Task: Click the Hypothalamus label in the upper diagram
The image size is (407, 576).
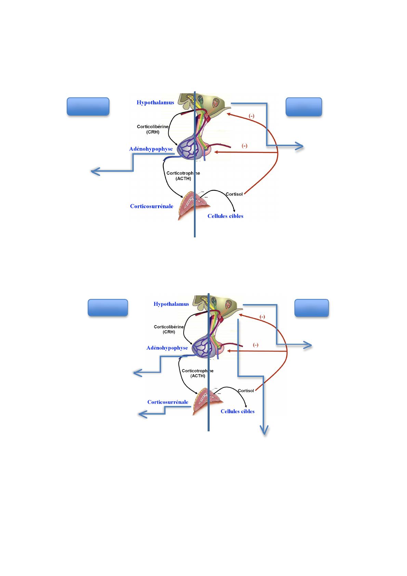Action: tap(155, 102)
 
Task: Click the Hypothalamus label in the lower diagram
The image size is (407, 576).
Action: tap(171, 304)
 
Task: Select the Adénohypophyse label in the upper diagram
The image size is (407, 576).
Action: tap(151, 149)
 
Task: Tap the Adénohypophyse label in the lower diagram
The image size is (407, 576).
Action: tap(167, 348)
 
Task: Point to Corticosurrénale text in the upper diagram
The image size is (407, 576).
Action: tap(152, 206)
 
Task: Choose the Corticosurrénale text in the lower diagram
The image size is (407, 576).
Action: tap(168, 402)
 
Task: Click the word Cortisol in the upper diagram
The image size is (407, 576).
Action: tap(234, 194)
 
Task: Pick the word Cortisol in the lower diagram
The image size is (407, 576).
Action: tap(246, 391)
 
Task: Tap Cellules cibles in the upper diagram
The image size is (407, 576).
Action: tap(225, 216)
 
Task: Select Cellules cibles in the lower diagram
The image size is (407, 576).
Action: tap(237, 411)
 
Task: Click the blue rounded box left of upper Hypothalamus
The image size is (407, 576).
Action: tap(88, 107)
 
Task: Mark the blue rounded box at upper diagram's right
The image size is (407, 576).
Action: tap(304, 107)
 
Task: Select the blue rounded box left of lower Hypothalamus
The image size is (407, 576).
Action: tap(108, 307)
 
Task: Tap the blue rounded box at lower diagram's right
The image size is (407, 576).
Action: tap(312, 308)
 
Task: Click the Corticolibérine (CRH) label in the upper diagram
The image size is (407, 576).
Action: tap(153, 129)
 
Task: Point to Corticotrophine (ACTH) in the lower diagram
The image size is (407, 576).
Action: tap(198, 373)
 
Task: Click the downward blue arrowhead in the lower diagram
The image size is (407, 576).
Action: tap(264, 431)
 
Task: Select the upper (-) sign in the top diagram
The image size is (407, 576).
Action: tap(251, 116)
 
